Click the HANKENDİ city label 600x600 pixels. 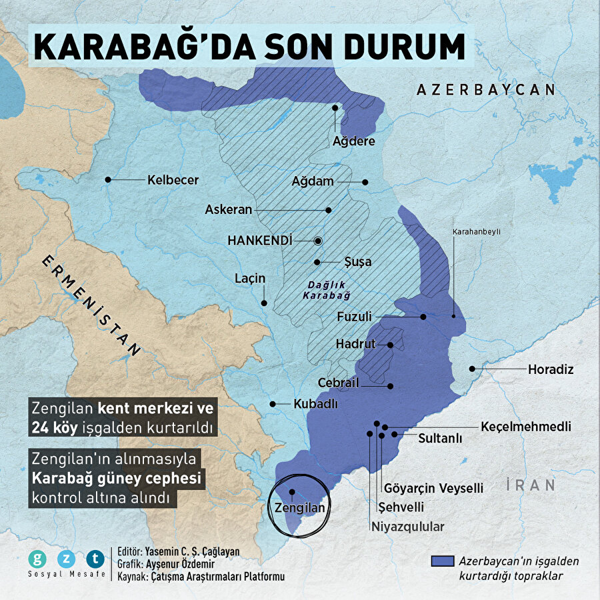click(x=260, y=240)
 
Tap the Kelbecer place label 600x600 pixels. click(x=173, y=180)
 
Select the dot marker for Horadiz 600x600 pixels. click(x=472, y=369)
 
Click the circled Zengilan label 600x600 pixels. click(x=299, y=507)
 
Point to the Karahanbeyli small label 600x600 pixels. click(x=476, y=232)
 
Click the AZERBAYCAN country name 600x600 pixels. click(x=486, y=90)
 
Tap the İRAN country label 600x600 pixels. click(x=531, y=485)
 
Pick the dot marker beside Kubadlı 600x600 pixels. click(x=272, y=404)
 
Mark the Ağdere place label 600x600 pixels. click(x=353, y=141)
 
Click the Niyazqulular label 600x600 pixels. click(x=407, y=526)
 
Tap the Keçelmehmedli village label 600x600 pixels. click(x=525, y=427)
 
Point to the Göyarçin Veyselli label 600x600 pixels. click(x=433, y=489)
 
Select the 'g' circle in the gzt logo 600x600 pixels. click(x=37, y=559)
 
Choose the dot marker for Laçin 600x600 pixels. click(x=264, y=303)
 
